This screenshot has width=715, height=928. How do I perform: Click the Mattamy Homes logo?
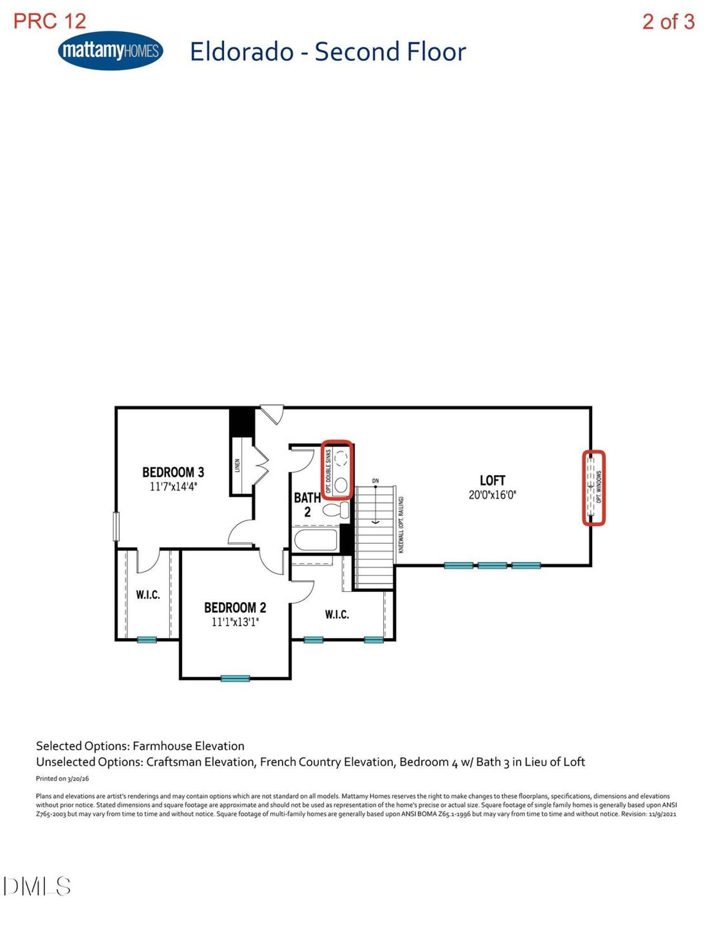110,50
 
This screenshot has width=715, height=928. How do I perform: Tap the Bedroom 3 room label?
173,472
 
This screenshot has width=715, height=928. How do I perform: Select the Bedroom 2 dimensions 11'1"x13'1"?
235,622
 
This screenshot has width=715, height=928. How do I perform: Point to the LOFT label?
493,480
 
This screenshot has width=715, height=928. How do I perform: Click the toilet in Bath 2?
336,510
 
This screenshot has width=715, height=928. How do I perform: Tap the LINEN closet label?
237,466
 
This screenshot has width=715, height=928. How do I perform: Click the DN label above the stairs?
375,481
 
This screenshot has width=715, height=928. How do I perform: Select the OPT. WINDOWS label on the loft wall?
599,486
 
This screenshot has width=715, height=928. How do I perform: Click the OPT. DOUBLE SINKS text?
328,471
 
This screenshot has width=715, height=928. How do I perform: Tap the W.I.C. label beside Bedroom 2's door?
337,615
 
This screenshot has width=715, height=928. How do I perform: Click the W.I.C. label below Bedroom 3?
148,595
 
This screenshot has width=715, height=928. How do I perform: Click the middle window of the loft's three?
493,566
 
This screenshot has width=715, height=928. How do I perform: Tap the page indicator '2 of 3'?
669,21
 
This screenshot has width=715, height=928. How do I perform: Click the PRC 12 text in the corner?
50,21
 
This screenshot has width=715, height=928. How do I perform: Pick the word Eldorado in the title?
242,52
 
